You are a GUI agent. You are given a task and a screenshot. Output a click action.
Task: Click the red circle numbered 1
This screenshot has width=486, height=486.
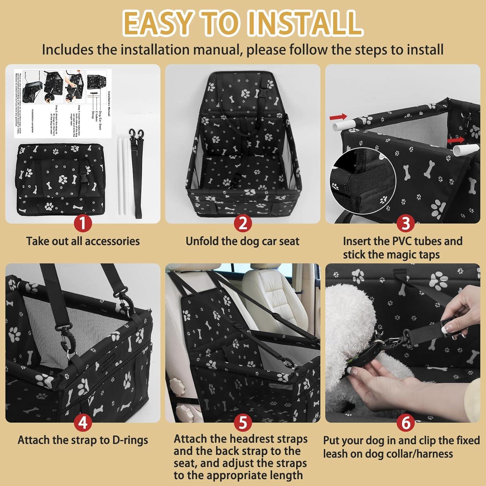[83, 223]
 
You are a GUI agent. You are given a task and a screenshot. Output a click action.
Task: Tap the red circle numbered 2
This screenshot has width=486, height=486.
[243, 223]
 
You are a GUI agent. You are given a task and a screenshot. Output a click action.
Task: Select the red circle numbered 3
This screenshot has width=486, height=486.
[406, 223]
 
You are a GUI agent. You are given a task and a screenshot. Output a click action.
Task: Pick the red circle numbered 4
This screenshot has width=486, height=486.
[83, 423]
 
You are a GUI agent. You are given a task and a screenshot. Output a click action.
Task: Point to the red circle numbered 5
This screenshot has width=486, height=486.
[243, 423]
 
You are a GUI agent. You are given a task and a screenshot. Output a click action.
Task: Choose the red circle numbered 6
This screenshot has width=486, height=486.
[406, 423]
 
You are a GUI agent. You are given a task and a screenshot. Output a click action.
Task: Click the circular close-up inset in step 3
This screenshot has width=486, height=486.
[363, 182]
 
